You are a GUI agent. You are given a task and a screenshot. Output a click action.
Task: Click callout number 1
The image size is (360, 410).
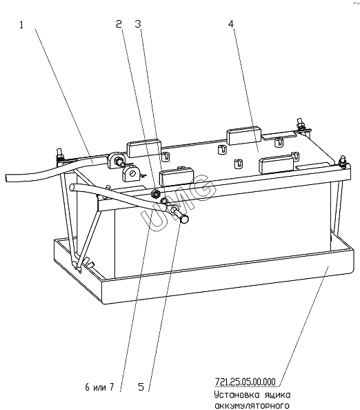pos(21,25)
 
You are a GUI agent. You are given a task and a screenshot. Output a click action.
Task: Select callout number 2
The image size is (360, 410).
pos(119,24)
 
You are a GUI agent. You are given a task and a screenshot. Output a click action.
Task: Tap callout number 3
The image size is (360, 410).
pos(138,24)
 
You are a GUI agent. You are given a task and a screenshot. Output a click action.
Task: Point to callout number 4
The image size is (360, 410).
pos(231,24)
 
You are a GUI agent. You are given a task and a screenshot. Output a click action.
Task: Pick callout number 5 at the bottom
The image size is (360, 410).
pos(141,387)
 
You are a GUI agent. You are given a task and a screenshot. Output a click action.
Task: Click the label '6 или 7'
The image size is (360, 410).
pos(99,387)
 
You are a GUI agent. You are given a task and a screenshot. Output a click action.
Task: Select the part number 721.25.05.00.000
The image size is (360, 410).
pos(245,382)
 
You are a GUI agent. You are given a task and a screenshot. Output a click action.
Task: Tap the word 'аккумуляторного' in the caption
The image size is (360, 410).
pos(252,405)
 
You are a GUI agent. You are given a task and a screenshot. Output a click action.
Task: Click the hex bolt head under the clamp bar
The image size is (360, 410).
pos(184,219)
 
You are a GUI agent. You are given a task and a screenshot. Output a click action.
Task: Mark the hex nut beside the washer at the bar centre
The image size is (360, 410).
pos(155,194)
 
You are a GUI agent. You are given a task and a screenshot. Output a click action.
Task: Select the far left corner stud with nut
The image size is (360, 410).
pos(59,155)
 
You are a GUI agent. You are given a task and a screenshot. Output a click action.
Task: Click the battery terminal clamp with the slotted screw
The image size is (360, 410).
pos(130,173)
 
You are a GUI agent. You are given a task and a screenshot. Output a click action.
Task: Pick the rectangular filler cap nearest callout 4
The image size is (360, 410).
pos(244,135)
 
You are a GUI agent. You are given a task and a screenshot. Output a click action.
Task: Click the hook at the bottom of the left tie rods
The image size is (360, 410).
pos(78,266)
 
